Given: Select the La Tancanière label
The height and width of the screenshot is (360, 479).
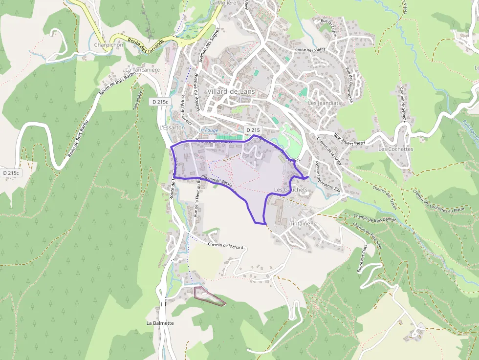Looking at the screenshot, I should (x=142, y=70).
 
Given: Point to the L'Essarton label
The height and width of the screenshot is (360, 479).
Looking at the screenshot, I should (x=172, y=127).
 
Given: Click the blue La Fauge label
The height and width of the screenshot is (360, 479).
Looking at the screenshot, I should (x=209, y=130).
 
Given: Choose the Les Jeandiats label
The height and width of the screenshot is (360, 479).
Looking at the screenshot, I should (x=324, y=103).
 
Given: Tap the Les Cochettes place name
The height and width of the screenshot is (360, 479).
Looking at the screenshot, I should (x=395, y=149).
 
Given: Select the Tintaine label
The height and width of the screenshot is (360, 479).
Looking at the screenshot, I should (x=300, y=223).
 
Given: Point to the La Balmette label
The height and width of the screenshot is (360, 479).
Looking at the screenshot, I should (x=160, y=323).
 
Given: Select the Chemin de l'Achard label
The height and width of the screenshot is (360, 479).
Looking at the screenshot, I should (x=225, y=246).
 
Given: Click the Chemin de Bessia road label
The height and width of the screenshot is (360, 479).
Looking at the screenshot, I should (x=216, y=181).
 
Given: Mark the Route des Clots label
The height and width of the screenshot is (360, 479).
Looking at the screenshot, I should (x=362, y=259).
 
